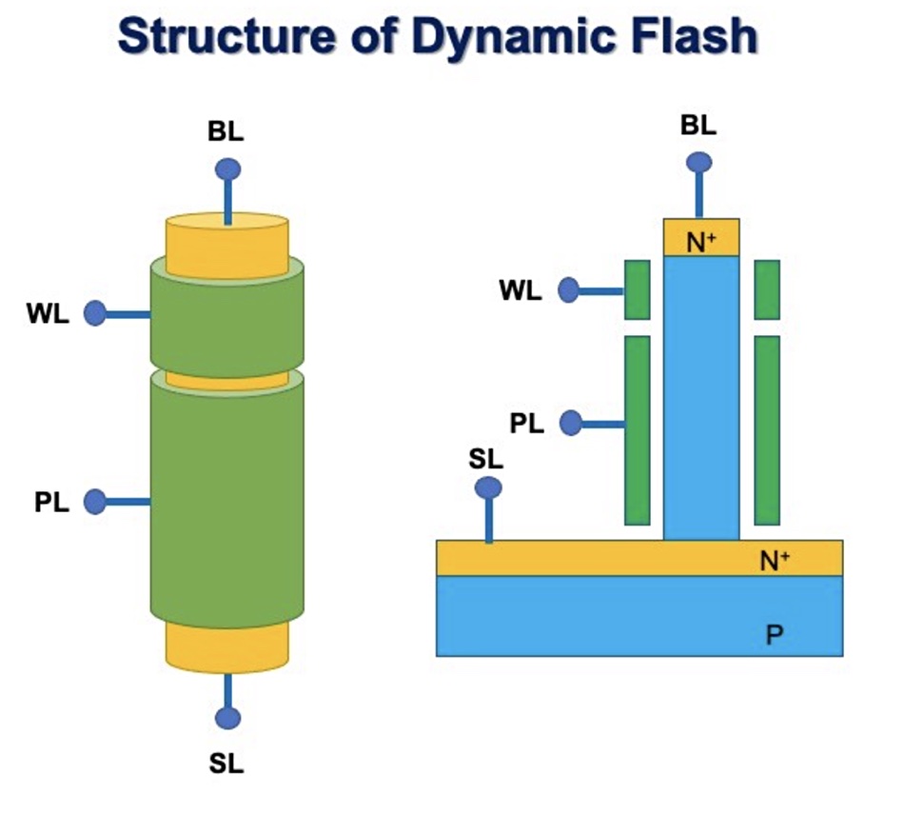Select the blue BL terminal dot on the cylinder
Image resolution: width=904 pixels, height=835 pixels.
click(227, 169)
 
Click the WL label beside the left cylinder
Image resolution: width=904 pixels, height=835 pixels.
click(48, 314)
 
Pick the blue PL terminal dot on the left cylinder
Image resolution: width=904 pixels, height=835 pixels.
click(95, 501)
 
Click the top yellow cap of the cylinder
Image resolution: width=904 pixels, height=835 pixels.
click(227, 243)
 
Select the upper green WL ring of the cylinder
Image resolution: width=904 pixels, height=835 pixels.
click(227, 314)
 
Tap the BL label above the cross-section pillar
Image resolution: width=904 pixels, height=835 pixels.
click(698, 125)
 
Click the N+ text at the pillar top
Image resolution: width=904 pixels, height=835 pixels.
click(701, 242)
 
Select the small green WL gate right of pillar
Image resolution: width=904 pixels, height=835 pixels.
click(767, 289)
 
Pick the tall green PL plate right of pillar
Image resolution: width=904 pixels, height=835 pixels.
click(767, 429)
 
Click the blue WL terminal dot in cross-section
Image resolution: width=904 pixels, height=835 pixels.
click(569, 290)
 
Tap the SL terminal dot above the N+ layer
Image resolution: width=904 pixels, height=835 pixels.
click(488, 487)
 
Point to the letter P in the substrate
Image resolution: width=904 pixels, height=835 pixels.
click(775, 634)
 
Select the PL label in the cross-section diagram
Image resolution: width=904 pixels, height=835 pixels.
click(526, 423)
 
